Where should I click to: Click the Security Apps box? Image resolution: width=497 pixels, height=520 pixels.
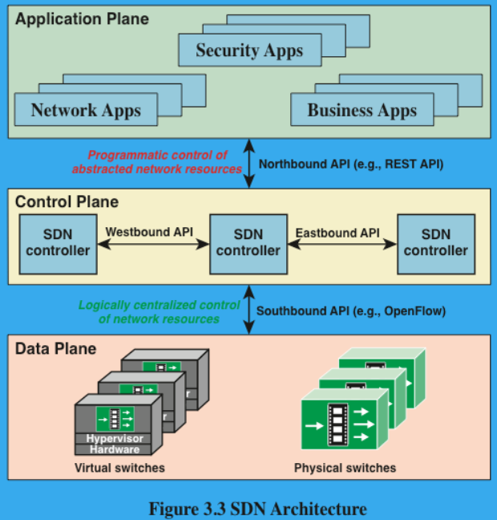tap(249, 51)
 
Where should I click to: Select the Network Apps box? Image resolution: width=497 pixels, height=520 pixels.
tap(86, 110)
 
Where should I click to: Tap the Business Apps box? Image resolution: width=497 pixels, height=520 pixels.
tap(362, 110)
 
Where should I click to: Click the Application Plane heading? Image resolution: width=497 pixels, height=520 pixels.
tap(83, 18)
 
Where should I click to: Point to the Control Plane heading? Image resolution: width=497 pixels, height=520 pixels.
tap(67, 202)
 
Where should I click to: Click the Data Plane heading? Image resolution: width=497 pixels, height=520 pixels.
tap(56, 348)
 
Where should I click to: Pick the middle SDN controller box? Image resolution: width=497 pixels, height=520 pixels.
tap(248, 242)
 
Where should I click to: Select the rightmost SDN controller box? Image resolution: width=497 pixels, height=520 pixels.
tap(435, 242)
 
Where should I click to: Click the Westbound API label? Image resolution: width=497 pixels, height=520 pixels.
tap(149, 232)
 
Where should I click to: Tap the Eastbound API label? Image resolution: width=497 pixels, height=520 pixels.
tap(337, 233)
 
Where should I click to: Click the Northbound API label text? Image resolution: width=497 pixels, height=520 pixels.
tap(351, 163)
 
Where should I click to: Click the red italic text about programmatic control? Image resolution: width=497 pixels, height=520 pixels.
tap(157, 162)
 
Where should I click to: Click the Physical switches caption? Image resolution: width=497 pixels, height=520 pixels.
tap(345, 467)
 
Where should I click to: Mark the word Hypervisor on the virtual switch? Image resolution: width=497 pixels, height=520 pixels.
tap(115, 438)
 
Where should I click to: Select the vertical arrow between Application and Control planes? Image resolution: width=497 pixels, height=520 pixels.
tap(249, 163)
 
